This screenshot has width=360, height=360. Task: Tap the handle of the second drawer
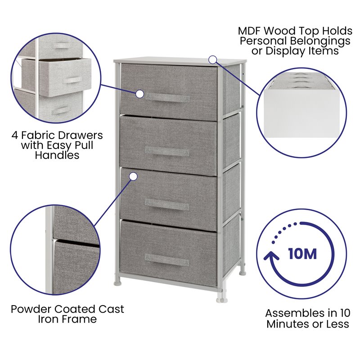[167, 151]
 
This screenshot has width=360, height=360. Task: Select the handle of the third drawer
[167, 204]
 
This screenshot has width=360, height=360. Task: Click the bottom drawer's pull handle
[166, 259]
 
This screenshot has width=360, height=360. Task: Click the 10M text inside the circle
[302, 254]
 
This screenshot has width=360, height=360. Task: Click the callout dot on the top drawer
[139, 94]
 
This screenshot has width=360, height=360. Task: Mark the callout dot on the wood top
[213, 59]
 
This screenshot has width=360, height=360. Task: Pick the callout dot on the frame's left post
[133, 177]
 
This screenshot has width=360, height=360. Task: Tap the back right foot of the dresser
[243, 271]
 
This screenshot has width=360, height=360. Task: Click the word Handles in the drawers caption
[57, 156]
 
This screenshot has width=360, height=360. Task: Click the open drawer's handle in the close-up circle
[72, 80]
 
